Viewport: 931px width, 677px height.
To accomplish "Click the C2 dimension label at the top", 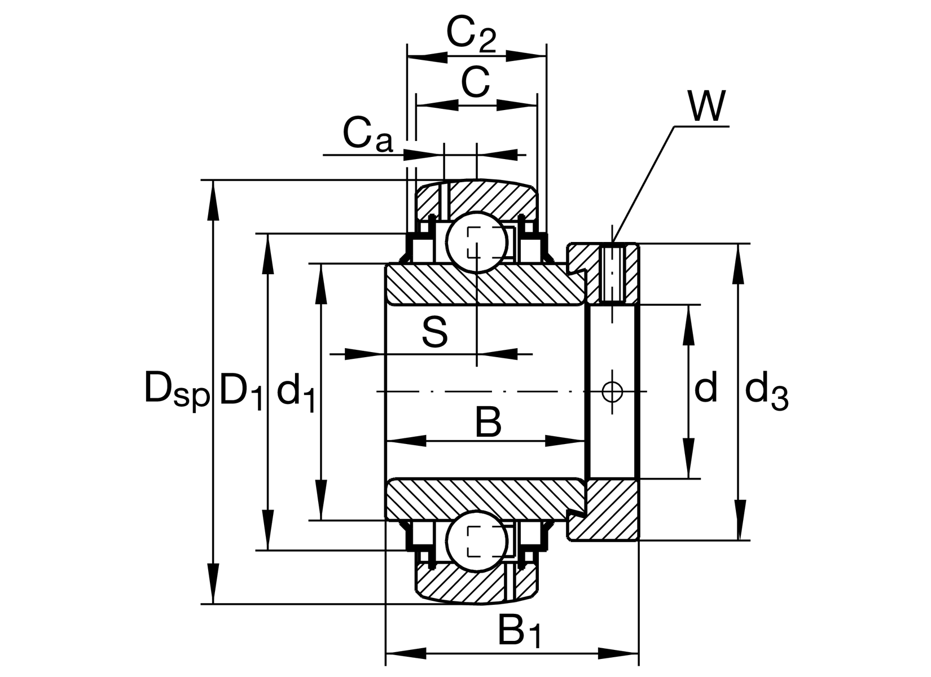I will pyautogui.click(x=471, y=35).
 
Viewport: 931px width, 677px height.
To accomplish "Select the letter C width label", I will pyautogui.click(x=475, y=82).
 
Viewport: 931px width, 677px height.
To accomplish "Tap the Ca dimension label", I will pyautogui.click(x=367, y=135).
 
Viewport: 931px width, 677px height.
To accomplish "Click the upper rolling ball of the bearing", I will pyautogui.click(x=477, y=241).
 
